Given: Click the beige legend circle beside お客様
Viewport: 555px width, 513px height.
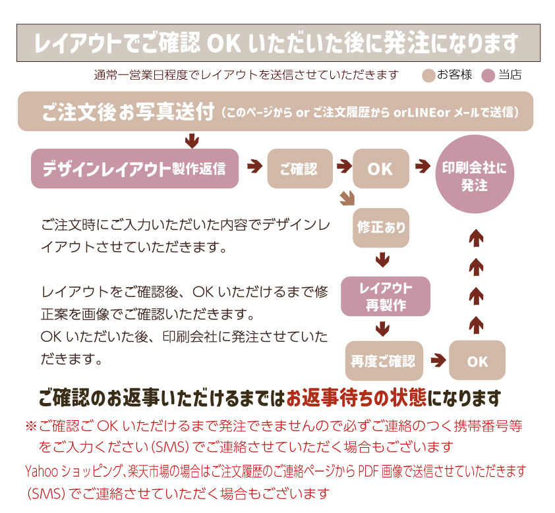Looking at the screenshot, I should (428, 76).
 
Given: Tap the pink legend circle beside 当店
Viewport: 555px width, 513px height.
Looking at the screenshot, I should (488, 76).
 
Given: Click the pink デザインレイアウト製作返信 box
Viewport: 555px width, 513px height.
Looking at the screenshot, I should (134, 169).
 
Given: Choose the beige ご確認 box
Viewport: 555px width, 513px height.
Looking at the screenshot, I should (299, 169).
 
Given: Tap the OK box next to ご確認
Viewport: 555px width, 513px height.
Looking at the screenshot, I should (380, 169).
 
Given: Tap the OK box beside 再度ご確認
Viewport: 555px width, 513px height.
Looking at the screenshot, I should (477, 361).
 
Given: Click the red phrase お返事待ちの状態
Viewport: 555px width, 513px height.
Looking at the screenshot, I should (356, 398).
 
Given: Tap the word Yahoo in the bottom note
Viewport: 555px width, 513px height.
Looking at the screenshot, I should (41, 472).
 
